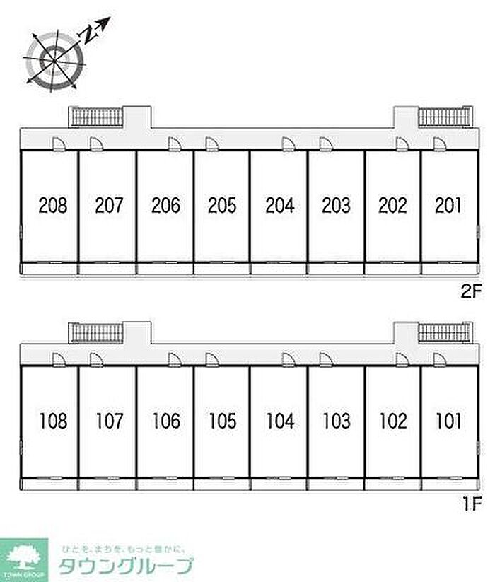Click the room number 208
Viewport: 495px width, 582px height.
[53, 206]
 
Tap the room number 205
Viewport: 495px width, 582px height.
[222, 206]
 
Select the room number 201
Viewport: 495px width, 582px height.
[449, 206]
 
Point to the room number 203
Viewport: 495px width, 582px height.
[336, 206]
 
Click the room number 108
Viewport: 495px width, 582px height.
[53, 421]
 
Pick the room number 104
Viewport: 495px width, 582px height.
[279, 421]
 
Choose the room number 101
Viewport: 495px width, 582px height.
[449, 421]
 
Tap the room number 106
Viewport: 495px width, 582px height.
[165, 421]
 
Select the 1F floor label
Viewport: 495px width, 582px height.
[472, 505]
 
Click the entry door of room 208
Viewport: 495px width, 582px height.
[59, 144]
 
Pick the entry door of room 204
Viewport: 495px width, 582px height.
[288, 144]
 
